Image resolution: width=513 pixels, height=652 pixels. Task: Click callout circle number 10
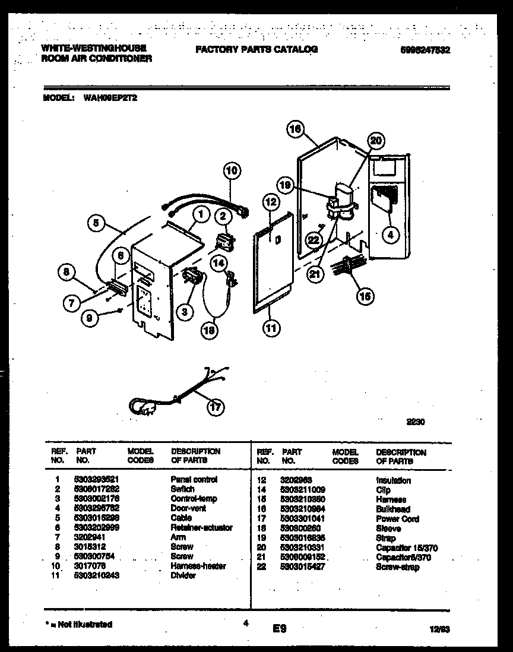(x=232, y=170)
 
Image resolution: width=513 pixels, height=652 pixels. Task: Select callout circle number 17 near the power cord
(x=216, y=407)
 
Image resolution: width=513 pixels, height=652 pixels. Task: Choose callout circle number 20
(x=375, y=141)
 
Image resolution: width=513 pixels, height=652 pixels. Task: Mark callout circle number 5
(x=96, y=224)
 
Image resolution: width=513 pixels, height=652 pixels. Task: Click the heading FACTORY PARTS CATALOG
(x=256, y=50)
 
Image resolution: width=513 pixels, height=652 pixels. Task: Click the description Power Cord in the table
(x=397, y=519)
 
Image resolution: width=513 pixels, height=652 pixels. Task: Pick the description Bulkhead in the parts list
(x=392, y=509)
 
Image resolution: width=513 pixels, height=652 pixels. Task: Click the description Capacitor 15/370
(x=407, y=547)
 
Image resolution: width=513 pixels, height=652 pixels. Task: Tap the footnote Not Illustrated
(x=78, y=624)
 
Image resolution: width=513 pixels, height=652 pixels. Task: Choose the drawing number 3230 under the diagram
(x=415, y=423)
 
